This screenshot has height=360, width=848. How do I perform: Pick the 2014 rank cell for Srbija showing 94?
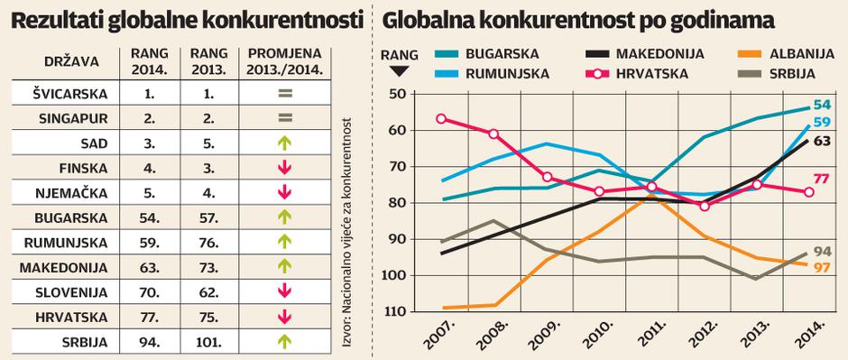pyautogui.click(x=147, y=342)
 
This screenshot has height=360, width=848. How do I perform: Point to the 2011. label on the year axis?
pyautogui.click(x=652, y=335)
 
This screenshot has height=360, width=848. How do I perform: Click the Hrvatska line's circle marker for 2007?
pyautogui.click(x=441, y=118)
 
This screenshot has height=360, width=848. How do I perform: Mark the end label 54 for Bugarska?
pyautogui.click(x=822, y=106)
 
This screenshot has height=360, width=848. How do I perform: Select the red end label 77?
pyautogui.click(x=822, y=179)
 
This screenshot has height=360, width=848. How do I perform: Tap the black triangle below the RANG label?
pyautogui.click(x=400, y=69)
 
